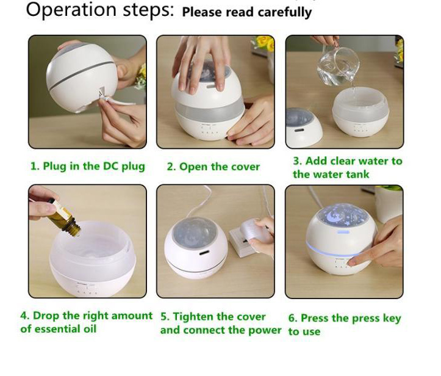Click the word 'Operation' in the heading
click(71, 10)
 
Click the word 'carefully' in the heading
click(285, 13)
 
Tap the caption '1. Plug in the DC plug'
click(88, 166)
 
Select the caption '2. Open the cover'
click(213, 167)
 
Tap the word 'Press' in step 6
click(315, 318)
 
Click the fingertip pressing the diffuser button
click(351, 263)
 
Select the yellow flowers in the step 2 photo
click(264, 43)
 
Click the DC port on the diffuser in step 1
click(101, 91)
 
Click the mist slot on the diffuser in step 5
click(204, 253)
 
